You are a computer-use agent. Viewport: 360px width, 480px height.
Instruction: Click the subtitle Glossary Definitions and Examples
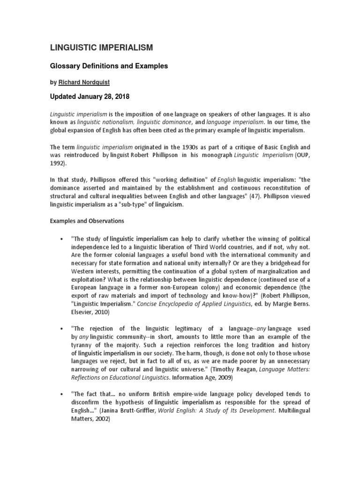[x=109, y=66]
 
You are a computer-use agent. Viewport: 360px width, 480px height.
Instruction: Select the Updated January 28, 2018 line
[x=90, y=97]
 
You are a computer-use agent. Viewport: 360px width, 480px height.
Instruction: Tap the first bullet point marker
[x=61, y=240]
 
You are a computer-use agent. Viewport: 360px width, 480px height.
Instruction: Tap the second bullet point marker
[x=61, y=329]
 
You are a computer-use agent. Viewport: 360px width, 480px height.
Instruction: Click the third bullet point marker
[x=61, y=394]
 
